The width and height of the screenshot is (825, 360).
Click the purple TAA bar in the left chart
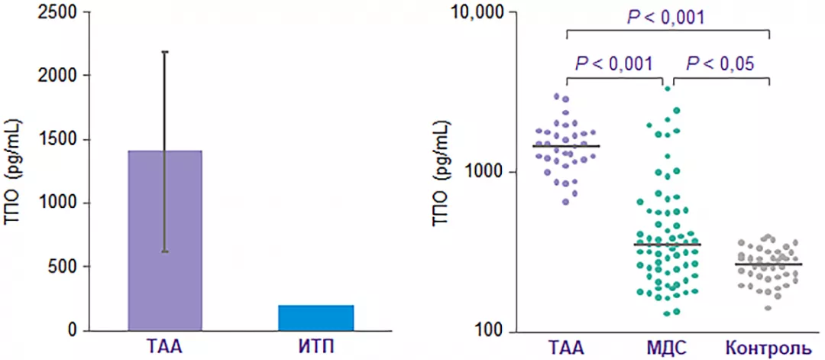164,241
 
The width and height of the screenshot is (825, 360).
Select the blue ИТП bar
315,318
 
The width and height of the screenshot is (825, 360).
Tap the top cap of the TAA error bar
164,52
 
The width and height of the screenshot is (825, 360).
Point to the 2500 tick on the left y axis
60,12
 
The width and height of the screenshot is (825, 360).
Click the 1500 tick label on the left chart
60,140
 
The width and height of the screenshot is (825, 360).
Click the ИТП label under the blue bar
315,348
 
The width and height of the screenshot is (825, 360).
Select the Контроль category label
768,349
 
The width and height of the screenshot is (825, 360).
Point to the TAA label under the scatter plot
565,349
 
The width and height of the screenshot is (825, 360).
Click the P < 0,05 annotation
720,63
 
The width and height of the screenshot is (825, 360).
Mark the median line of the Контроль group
768,264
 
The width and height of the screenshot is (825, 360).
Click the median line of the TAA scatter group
566,145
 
